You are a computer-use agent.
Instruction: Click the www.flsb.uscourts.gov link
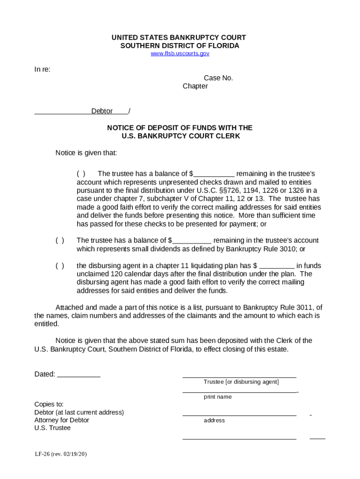click(180, 53)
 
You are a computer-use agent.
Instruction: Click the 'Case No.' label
click(218, 78)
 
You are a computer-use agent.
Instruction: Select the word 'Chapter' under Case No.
click(195, 87)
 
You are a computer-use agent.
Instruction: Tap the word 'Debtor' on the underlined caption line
click(102, 111)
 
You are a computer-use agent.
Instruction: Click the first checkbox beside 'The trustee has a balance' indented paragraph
click(81, 174)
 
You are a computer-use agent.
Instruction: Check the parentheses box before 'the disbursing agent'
click(60, 266)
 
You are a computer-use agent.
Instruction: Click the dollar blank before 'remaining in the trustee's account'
click(192, 241)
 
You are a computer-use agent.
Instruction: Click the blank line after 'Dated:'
click(79, 375)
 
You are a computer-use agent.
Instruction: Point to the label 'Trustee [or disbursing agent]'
click(241, 382)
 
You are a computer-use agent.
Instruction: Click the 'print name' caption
click(217, 397)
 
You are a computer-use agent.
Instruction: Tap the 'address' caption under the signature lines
click(214, 421)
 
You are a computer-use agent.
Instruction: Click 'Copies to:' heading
click(49, 404)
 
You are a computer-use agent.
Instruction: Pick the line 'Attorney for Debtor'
click(62, 420)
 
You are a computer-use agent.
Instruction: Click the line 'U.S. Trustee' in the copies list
click(52, 428)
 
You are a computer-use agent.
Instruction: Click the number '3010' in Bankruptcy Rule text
click(288, 249)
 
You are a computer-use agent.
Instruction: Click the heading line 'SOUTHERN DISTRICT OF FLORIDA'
click(180, 46)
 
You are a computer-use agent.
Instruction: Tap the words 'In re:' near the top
click(43, 70)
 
